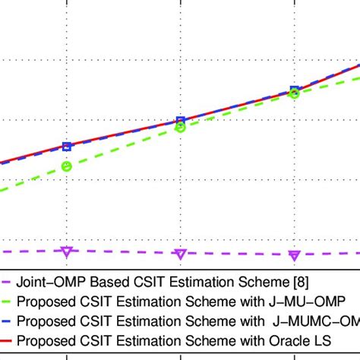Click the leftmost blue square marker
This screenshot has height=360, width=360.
click(x=67, y=147)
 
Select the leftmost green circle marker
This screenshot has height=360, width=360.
click(x=67, y=166)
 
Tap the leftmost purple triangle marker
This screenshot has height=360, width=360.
click(x=67, y=251)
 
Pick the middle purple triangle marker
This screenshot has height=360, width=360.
click(x=180, y=254)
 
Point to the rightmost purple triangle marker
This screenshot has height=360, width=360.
click(x=294, y=255)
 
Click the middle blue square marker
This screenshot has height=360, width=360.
click(x=180, y=121)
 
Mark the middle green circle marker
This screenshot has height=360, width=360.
click(x=180, y=128)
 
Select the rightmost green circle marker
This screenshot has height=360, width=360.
click(x=294, y=93)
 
